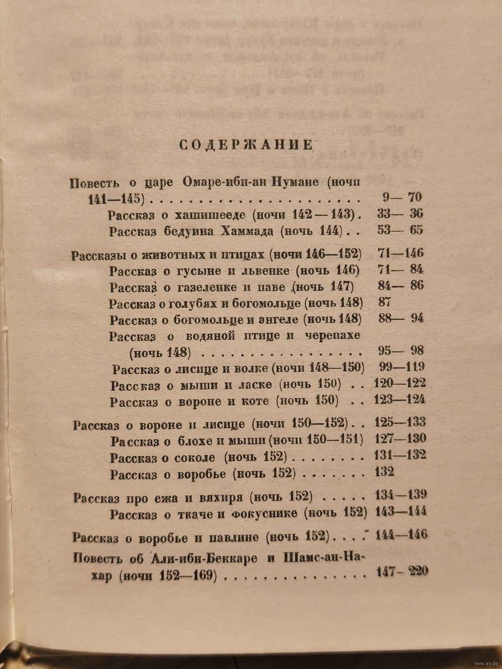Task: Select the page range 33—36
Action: (400, 214)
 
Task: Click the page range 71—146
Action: (400, 253)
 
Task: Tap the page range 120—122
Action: (400, 384)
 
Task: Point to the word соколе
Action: (195, 457)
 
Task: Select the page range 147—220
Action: (401, 571)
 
